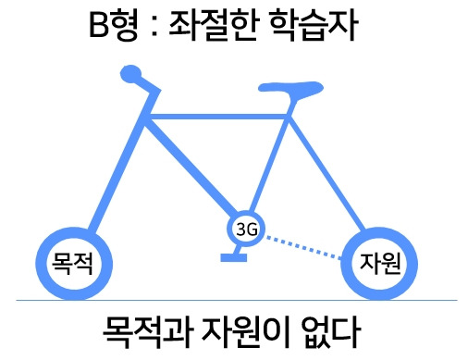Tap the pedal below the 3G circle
(x=232, y=255)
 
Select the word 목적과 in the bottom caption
(x=141, y=330)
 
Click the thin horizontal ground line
(x=231, y=300)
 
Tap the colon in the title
(x=151, y=31)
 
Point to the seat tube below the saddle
(x=274, y=157)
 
